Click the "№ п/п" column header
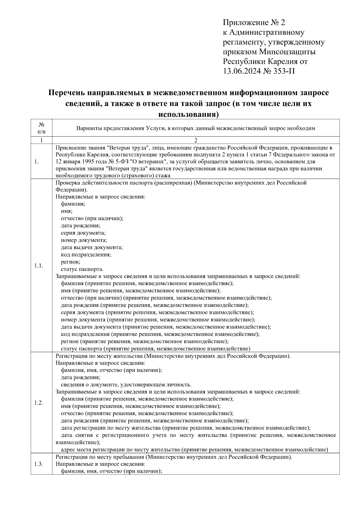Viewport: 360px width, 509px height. (41, 128)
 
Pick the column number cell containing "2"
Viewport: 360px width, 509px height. (196, 140)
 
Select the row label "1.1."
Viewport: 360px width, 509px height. (39, 266)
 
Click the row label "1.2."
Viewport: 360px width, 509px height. (39, 403)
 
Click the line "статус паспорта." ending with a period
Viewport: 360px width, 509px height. (82, 269)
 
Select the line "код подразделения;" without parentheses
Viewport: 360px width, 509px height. (86, 255)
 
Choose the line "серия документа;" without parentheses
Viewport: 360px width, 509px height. (83, 233)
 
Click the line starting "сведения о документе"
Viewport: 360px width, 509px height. (126, 385)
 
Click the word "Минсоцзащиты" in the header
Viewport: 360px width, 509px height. (287, 52)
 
